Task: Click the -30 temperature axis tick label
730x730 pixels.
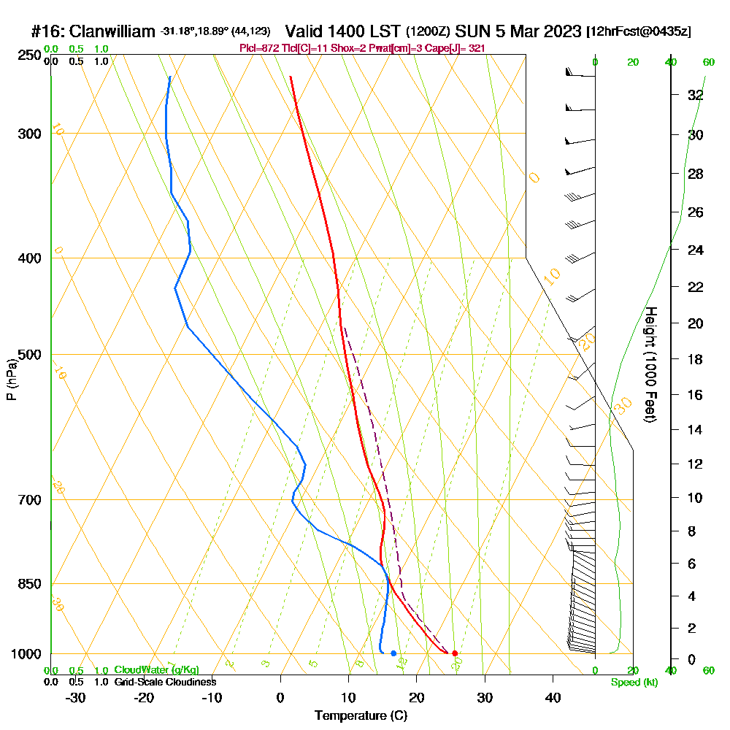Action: [76, 697]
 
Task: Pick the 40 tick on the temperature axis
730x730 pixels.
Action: [553, 697]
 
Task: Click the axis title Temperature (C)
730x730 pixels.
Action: [361, 716]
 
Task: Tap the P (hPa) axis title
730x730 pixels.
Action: [11, 380]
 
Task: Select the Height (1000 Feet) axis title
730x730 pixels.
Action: [650, 364]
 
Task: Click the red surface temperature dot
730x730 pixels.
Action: [455, 653]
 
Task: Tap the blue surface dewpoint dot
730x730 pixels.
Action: [393, 653]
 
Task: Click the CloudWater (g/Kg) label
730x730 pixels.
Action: [156, 670]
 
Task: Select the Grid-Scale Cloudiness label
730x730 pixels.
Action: [164, 682]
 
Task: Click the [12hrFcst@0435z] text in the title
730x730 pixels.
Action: [639, 32]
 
